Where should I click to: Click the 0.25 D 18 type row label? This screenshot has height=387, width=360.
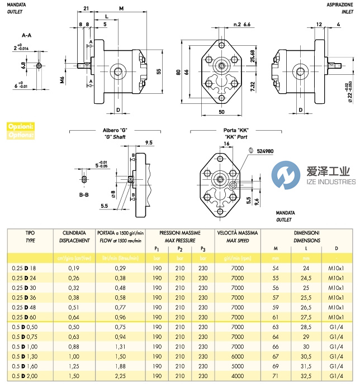pos(22,269)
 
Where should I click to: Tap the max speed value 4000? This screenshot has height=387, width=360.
pos(238,376)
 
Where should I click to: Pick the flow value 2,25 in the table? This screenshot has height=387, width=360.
pos(120,376)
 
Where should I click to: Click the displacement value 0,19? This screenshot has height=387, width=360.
pos(74,269)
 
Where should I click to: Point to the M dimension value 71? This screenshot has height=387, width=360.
pos(275,376)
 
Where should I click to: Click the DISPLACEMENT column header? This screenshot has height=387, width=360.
pos(74,240)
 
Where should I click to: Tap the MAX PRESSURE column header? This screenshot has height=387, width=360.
pos(180,240)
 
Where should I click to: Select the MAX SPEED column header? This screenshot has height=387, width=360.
pos(237,240)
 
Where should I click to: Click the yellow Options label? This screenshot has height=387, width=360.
pos(21,131)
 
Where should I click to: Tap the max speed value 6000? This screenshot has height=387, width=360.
pos(238,358)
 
